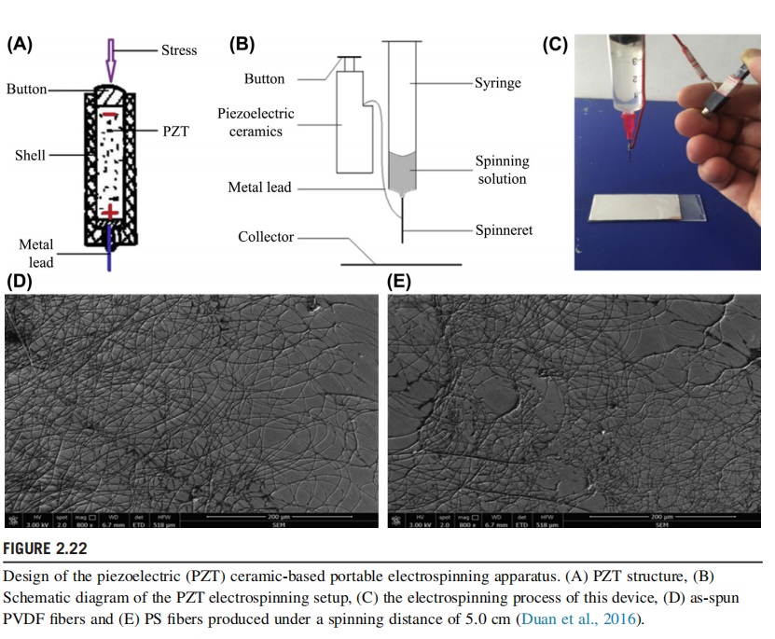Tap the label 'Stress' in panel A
179,50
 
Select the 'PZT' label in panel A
175,132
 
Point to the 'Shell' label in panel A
30,155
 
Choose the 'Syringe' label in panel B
498,83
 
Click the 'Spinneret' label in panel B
504,229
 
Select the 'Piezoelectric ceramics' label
256,122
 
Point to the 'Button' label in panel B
265,78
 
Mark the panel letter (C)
557,44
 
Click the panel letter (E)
398,282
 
